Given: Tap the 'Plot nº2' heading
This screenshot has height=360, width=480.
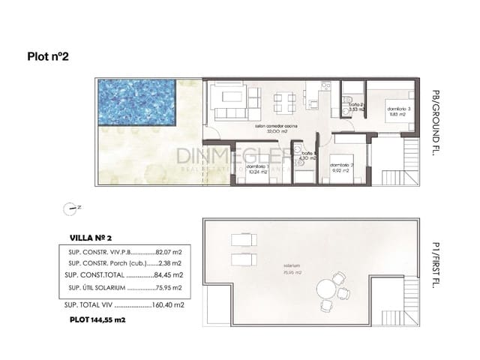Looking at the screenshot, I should [x=49, y=55].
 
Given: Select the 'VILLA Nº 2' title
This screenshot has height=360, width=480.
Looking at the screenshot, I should [x=91, y=237].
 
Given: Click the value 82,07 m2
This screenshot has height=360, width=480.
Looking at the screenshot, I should [x=171, y=251].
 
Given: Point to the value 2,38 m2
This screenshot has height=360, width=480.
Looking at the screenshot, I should [x=172, y=263].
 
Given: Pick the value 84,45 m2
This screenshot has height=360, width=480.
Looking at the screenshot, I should [x=172, y=275].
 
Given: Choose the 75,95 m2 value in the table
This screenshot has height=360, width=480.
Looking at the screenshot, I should [x=172, y=288].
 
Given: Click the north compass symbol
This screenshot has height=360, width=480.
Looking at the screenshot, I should [x=70, y=208].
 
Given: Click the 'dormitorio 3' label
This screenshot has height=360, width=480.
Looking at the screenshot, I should [x=399, y=109].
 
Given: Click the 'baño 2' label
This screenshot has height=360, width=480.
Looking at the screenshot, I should [x=355, y=105].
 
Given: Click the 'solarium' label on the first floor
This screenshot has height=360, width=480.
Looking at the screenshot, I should [x=282, y=266].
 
